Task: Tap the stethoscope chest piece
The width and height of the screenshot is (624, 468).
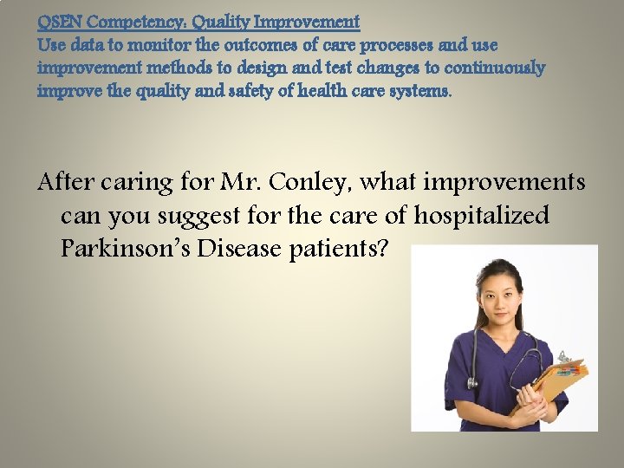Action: (x=473, y=382)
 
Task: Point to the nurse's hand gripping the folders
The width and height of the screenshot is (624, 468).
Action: (x=531, y=400)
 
